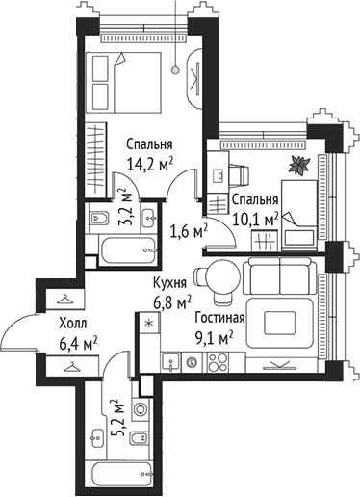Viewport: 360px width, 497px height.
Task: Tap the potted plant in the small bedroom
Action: [x=300, y=165]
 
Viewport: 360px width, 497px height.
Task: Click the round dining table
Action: [x=222, y=275]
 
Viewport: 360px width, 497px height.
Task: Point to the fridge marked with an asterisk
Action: [x=147, y=325]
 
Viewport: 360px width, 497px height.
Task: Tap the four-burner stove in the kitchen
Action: [x=217, y=363]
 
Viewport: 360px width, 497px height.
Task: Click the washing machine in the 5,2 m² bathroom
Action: [x=141, y=409]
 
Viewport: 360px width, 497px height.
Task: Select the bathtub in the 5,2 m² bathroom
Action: [x=120, y=473]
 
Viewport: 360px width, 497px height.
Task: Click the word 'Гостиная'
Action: [x=219, y=318]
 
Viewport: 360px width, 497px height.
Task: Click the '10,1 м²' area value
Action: [x=254, y=219]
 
